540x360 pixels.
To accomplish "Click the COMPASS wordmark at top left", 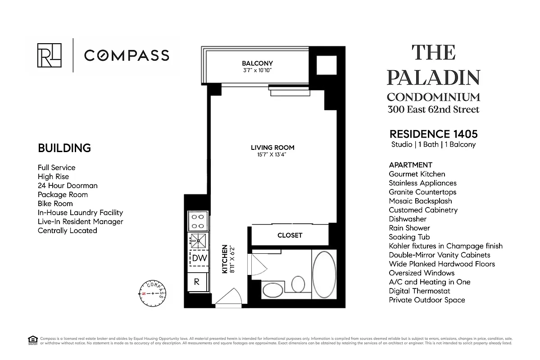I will pyautogui.click(x=127, y=55).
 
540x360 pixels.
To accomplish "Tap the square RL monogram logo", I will pyautogui.click(x=50, y=55).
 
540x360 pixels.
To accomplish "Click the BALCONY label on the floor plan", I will pyautogui.click(x=257, y=63).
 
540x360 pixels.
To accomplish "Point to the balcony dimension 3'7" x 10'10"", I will pyautogui.click(x=257, y=70).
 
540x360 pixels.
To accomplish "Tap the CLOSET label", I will pyautogui.click(x=290, y=235).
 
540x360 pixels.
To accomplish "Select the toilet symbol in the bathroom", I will pyautogui.click(x=298, y=284).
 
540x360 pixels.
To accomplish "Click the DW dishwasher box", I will pyautogui.click(x=199, y=258).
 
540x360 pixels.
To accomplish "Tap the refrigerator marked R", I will pyautogui.click(x=197, y=282).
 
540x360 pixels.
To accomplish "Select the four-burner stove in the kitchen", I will pyautogui.click(x=197, y=221).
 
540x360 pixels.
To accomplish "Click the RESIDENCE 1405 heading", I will pyautogui.click(x=433, y=134).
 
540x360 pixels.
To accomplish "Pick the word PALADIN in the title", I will pyautogui.click(x=433, y=77).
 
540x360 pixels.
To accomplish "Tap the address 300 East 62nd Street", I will pyautogui.click(x=433, y=109).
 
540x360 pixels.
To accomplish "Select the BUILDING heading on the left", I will pyautogui.click(x=64, y=148).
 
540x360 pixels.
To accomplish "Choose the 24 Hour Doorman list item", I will pyautogui.click(x=68, y=185).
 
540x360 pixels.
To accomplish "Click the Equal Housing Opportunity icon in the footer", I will pyautogui.click(x=32, y=340).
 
